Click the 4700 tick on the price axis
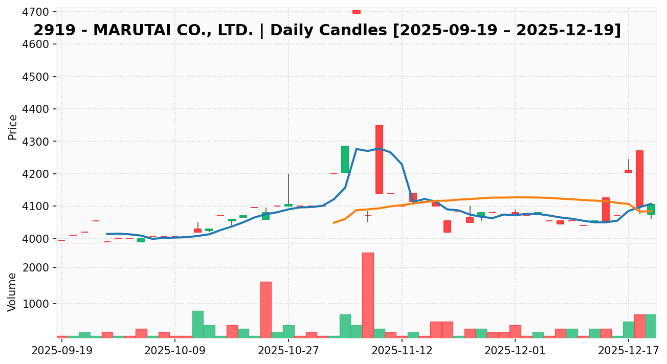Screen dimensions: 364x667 [x=38, y=12]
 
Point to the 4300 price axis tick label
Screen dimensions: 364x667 [x=38, y=142]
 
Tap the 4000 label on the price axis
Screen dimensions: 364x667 [x=38, y=239]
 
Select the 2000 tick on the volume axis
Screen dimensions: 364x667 [x=38, y=268]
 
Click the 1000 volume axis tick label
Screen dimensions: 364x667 [x=38, y=304]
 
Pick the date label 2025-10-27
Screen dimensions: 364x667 [x=288, y=351]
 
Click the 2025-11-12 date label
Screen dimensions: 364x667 [x=402, y=351]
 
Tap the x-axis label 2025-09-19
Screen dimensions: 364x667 [x=61, y=351]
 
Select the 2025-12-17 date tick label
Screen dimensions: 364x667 [x=628, y=351]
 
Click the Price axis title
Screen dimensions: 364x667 [x=13, y=127]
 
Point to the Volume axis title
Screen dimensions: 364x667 [x=13, y=292]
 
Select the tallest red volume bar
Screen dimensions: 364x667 [x=368, y=295]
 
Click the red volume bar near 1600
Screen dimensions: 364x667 [x=266, y=309]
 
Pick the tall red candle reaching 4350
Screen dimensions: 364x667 [x=379, y=159]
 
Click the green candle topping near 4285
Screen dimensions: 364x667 [x=345, y=159]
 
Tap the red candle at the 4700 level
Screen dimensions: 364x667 [x=357, y=11]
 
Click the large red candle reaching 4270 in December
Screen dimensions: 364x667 [x=639, y=178]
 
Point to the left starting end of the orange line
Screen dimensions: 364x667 [x=333, y=223]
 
